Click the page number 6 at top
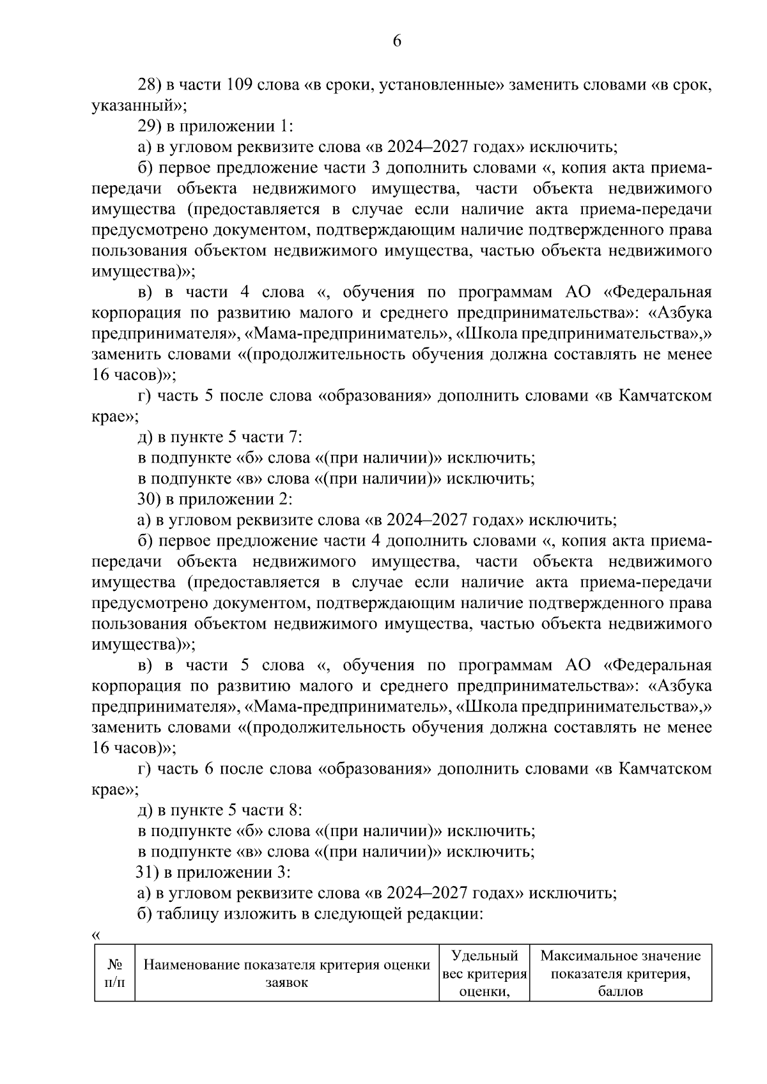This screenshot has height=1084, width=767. [x=396, y=42]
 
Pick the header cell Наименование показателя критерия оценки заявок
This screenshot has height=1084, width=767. [x=286, y=973]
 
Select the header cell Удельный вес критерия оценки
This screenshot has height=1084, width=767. [x=484, y=973]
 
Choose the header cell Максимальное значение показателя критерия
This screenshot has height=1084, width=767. [x=620, y=973]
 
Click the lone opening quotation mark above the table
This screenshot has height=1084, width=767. [x=96, y=935]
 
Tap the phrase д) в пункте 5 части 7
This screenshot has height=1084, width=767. [x=219, y=438]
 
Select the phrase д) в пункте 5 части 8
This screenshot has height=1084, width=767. [x=219, y=811]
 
